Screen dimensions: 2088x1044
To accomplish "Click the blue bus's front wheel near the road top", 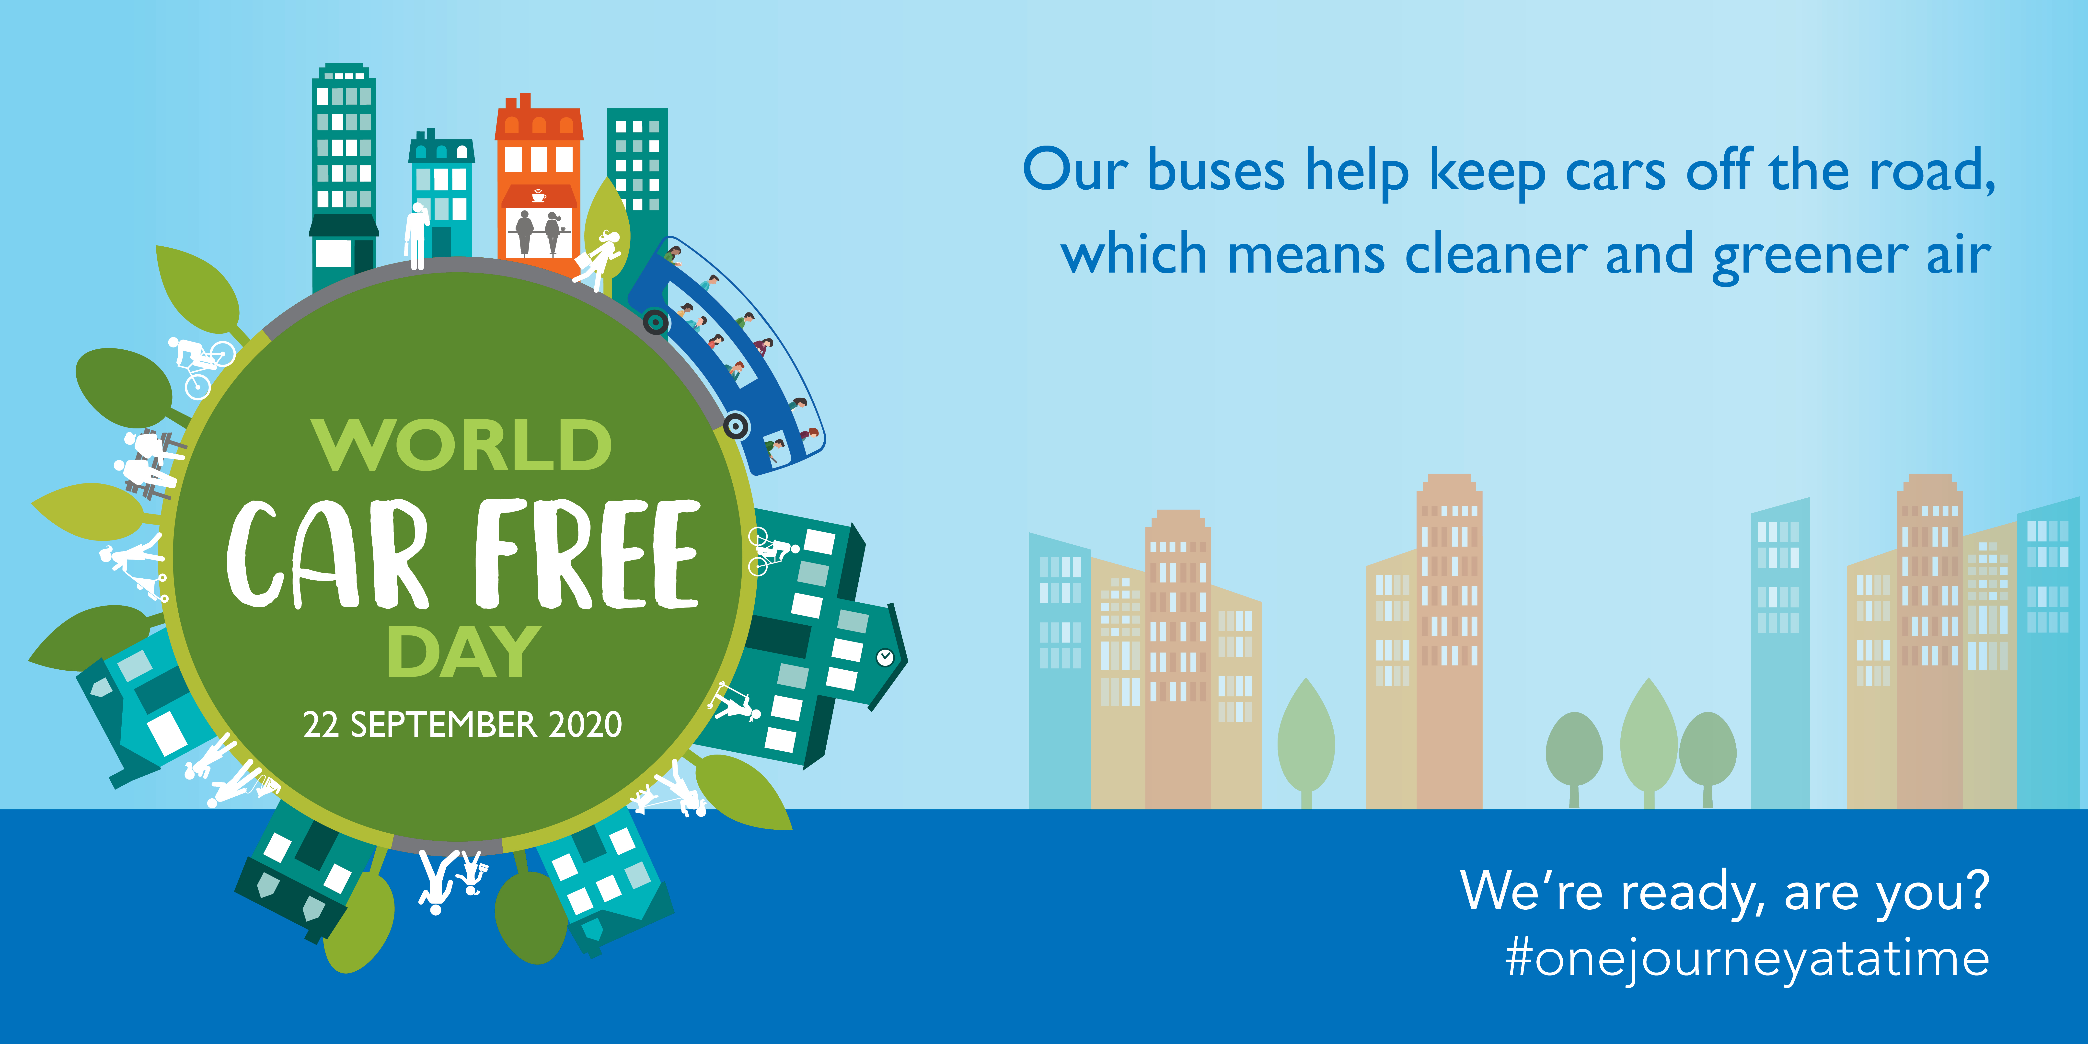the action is [656, 323].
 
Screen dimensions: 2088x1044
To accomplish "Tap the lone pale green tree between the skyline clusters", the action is [1306, 742].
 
